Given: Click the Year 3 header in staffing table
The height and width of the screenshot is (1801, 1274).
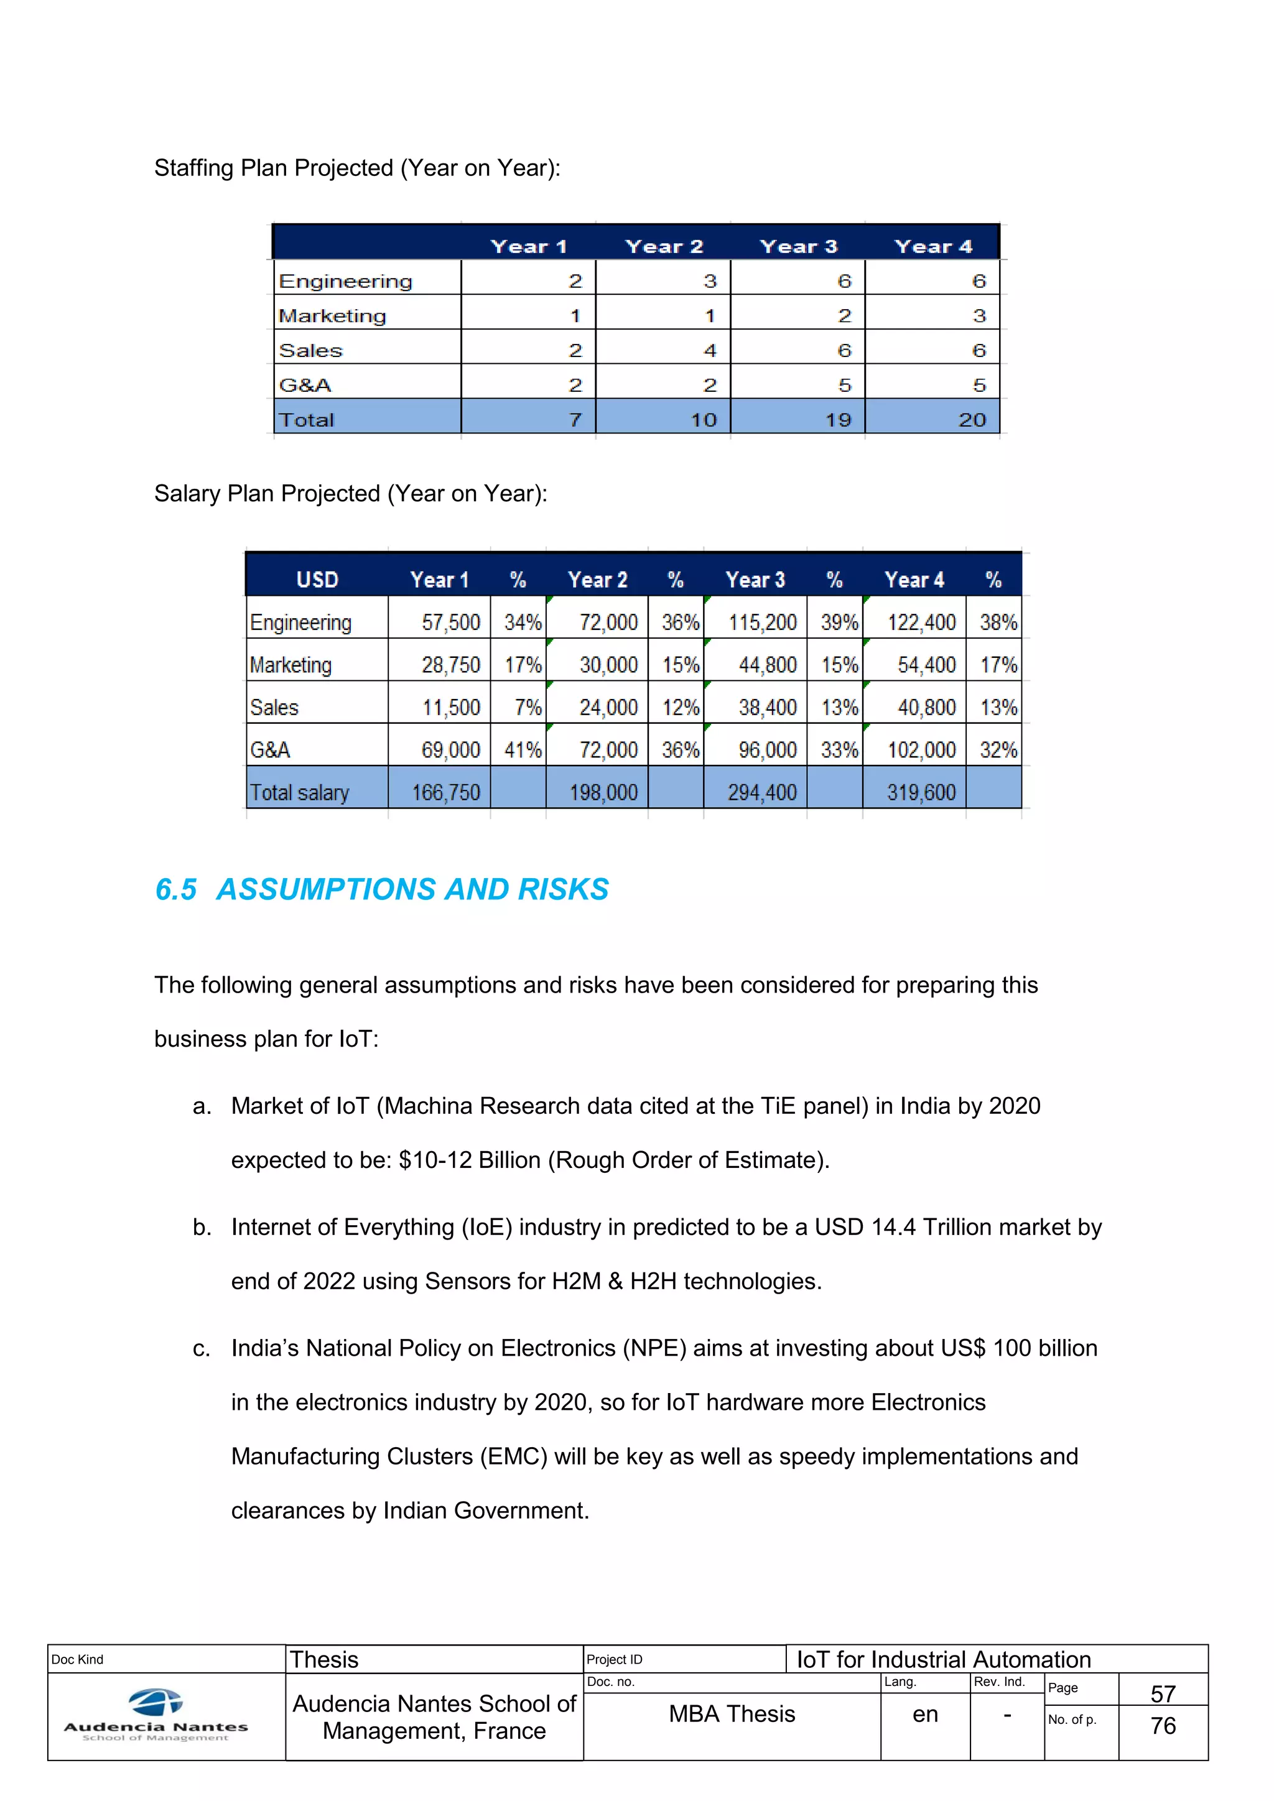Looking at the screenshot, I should click(798, 246).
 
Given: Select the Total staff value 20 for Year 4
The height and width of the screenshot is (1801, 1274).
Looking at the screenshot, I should click(971, 420).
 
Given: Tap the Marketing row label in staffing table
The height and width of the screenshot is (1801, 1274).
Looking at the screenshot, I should click(333, 315).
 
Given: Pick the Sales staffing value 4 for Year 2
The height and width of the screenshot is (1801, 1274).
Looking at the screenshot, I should click(709, 351).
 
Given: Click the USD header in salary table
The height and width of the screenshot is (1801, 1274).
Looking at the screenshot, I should click(317, 580).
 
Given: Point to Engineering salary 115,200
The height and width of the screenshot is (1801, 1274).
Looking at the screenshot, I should click(762, 622).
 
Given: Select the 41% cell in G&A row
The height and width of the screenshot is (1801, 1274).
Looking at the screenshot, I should click(523, 750).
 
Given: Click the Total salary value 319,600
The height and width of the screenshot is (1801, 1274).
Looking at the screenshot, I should click(921, 792).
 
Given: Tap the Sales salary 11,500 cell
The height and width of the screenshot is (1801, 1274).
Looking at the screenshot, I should click(450, 708).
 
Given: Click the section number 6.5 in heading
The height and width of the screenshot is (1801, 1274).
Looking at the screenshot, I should click(175, 889).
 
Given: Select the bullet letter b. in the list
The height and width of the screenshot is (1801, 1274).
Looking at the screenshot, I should click(202, 1228).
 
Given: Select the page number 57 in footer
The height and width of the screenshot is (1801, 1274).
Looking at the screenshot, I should click(1163, 1693).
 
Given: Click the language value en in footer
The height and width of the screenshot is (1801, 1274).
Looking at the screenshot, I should click(925, 1715).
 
